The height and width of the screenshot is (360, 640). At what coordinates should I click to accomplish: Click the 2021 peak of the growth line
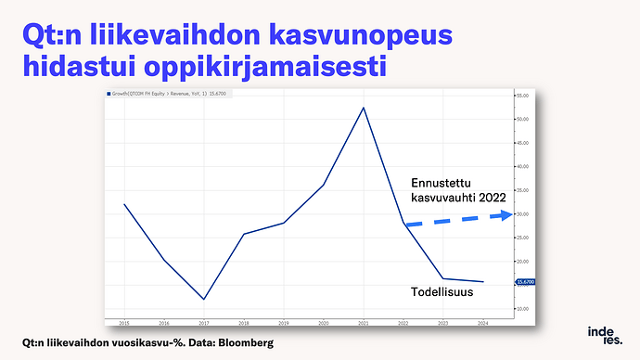[x=363, y=108]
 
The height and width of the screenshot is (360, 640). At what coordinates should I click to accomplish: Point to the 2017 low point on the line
[x=203, y=299]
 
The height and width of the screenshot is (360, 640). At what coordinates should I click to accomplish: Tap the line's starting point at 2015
[x=123, y=204]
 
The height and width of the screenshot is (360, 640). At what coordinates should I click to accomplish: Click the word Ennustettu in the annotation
[x=441, y=182]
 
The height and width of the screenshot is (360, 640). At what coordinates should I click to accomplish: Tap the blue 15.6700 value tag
[x=525, y=282]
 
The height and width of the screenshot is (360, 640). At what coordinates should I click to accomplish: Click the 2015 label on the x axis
[x=123, y=323]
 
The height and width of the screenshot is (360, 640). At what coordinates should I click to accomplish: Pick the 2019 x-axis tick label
[x=283, y=323]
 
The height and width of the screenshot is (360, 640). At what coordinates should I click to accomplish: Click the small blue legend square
[x=108, y=94]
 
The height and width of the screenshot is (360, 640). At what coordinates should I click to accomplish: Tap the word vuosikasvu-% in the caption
[x=133, y=344]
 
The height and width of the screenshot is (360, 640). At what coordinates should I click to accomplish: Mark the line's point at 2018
[x=243, y=234]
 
